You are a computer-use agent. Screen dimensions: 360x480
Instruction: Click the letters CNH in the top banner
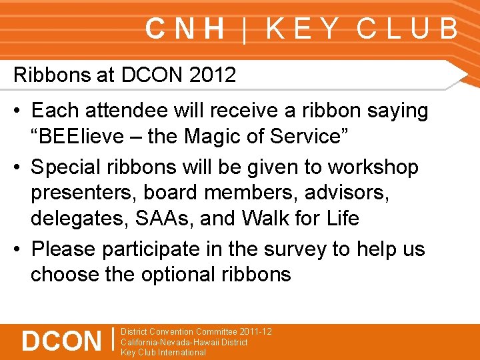[x=185, y=29]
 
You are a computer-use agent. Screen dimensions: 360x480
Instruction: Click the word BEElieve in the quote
[x=80, y=137]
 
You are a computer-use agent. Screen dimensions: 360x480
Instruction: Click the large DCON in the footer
[x=61, y=341]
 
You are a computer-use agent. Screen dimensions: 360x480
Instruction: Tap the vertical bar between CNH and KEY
[x=245, y=30]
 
